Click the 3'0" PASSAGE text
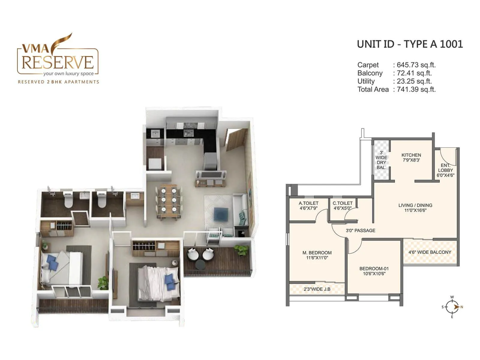360,230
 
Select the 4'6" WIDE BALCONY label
430,252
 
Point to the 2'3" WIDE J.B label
317,289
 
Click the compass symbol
452,307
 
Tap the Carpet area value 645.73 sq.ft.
416,65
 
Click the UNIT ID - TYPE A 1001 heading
410,44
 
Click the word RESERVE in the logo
58,62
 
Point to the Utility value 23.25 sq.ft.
414,81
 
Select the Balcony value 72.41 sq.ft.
414,73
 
